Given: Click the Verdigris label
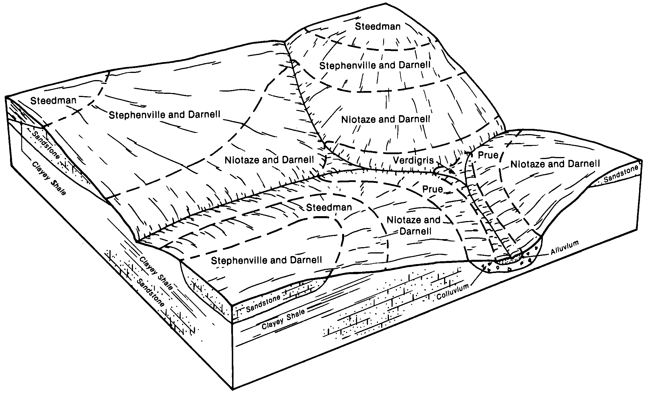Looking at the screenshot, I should click(x=413, y=160).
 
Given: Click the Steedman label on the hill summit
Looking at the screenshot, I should click(x=377, y=27).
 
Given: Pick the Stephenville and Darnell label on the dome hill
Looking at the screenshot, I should click(x=375, y=65).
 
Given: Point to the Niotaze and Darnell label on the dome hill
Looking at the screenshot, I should click(x=385, y=119).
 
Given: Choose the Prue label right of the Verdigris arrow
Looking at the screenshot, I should click(x=488, y=155).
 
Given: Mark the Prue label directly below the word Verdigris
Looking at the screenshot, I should click(x=432, y=189).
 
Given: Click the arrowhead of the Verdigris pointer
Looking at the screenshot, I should click(x=453, y=173).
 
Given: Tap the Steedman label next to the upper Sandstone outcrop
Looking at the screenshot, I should click(x=53, y=100).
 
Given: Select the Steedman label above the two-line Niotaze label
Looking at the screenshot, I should click(x=329, y=207).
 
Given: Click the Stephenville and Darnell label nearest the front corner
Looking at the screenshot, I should click(x=266, y=260).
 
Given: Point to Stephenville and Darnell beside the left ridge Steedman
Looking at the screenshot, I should click(x=164, y=115).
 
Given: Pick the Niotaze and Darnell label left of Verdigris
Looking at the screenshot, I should click(x=269, y=160).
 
